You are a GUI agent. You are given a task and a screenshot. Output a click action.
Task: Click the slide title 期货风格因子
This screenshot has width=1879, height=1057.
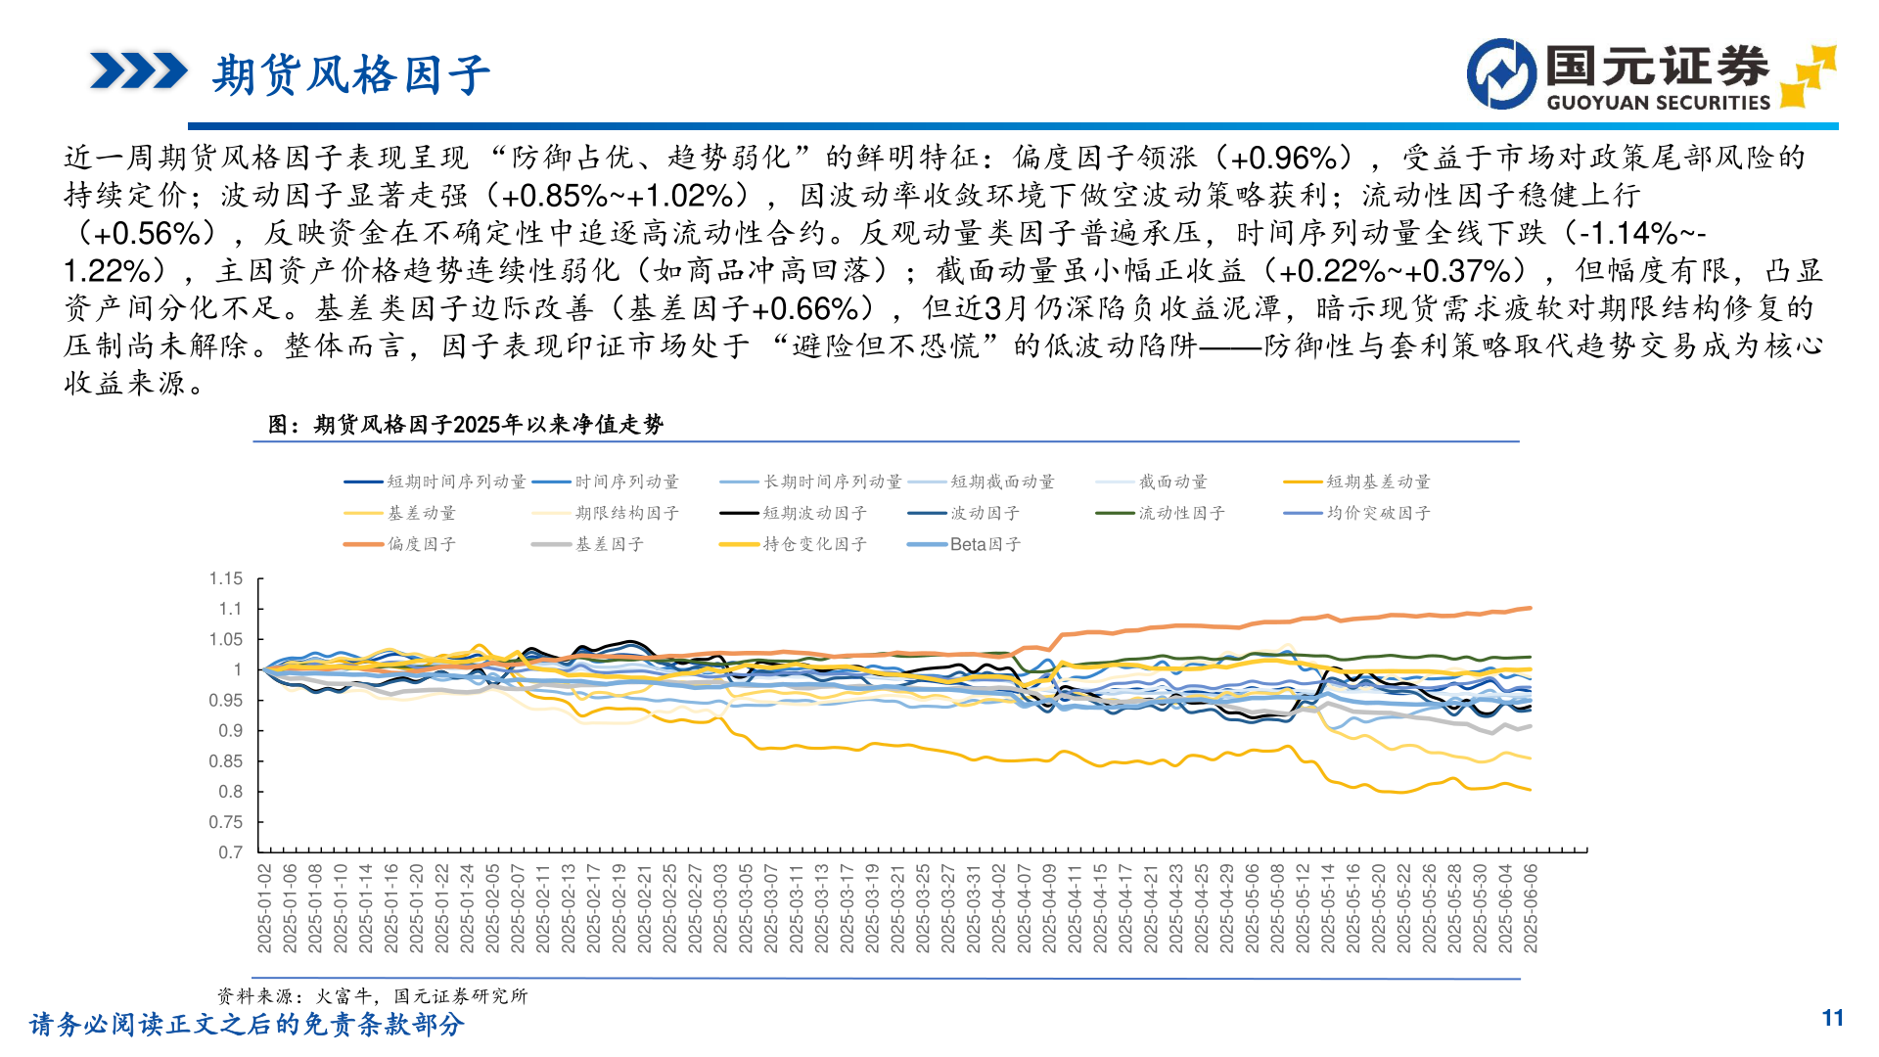[350, 75]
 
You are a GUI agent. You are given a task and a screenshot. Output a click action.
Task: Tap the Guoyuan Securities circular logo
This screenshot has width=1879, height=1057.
[1501, 74]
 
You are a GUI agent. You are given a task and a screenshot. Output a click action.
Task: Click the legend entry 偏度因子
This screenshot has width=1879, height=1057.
[421, 544]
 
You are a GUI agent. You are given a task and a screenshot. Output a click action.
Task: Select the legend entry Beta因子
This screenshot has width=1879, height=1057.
[985, 544]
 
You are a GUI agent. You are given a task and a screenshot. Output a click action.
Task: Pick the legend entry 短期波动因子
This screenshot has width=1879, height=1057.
[814, 513]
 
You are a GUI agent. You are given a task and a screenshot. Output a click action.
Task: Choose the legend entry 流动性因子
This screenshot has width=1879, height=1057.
[1181, 513]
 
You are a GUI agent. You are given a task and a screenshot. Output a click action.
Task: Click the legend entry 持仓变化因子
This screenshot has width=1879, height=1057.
[814, 544]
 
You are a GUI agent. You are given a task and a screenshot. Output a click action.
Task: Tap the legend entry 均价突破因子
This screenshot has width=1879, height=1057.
[1378, 513]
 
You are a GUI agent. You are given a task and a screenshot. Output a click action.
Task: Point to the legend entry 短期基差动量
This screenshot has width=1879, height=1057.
[1378, 482]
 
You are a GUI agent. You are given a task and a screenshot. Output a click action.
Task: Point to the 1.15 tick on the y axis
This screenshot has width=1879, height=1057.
[226, 578]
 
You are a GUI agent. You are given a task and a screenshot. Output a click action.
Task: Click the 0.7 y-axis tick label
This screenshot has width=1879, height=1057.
[230, 852]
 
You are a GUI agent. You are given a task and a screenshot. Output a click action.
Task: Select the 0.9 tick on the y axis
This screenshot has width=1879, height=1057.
[230, 731]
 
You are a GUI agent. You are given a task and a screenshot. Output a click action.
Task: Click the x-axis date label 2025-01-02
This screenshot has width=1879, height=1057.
[264, 907]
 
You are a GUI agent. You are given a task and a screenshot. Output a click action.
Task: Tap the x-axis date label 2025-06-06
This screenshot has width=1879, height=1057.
[1531, 907]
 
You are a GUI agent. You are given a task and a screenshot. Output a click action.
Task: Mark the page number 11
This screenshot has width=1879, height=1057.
[1832, 1019]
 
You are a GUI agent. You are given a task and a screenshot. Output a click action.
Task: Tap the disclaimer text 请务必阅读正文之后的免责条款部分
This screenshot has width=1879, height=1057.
[247, 1025]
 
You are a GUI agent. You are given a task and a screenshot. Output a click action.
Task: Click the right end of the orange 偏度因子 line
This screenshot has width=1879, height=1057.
[1530, 609]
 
